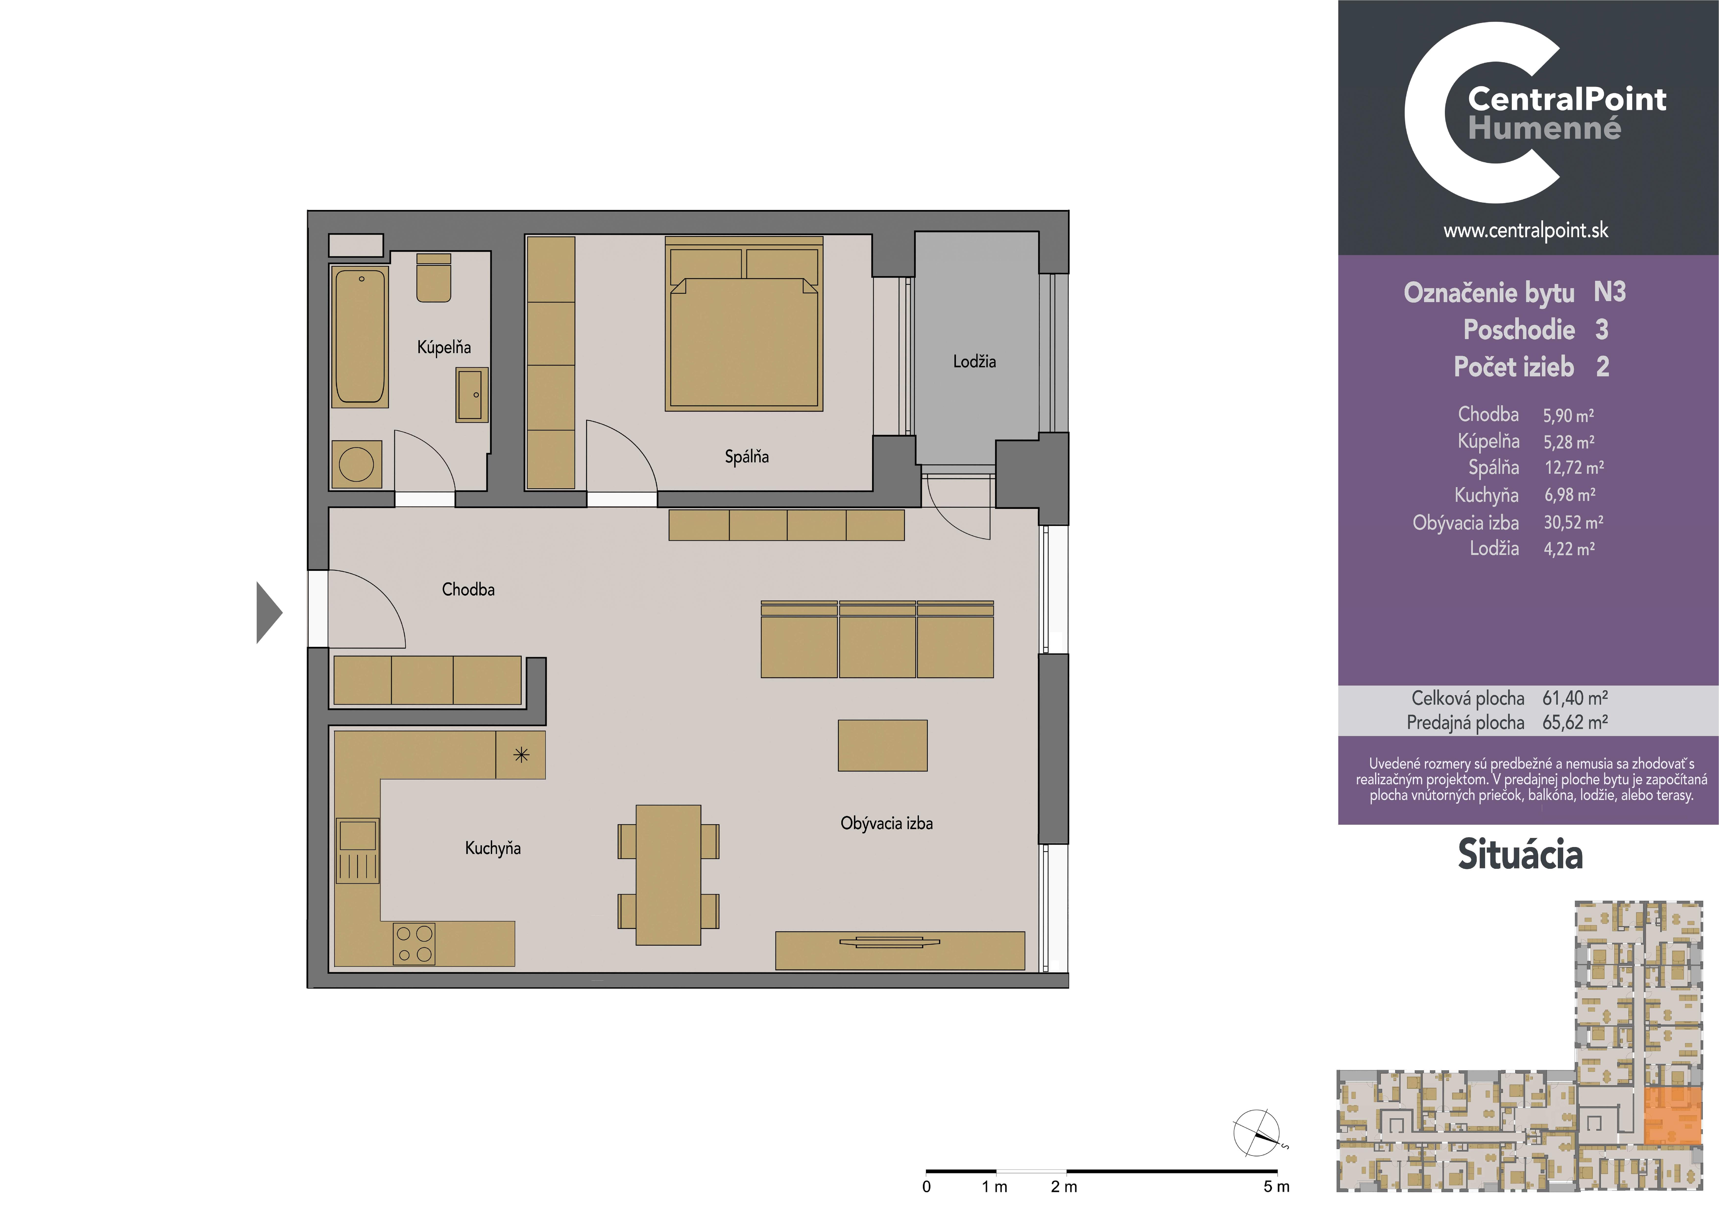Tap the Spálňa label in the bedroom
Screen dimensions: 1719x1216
(746, 456)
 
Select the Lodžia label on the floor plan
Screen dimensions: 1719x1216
(974, 362)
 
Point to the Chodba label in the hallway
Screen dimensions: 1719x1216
(468, 589)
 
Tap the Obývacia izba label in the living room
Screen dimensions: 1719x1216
(887, 824)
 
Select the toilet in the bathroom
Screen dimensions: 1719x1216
(434, 278)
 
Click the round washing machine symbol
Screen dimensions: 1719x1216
(356, 464)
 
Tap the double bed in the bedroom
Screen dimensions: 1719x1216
(744, 324)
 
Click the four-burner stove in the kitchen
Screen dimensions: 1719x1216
(414, 944)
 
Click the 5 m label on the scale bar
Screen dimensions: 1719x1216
(1277, 1187)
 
